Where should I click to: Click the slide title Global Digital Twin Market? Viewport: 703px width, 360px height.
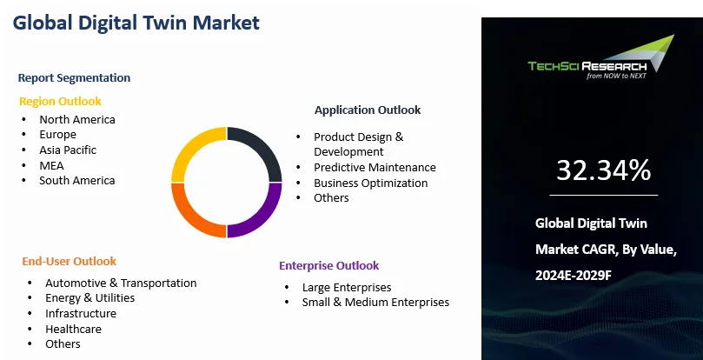click(136, 23)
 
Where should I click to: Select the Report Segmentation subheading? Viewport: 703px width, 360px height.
click(74, 77)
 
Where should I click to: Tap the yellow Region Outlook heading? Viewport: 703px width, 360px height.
click(60, 102)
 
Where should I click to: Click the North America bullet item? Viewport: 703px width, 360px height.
click(77, 119)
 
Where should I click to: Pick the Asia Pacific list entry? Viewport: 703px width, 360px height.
click(68, 150)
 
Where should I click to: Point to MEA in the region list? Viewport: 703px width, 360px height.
click(51, 165)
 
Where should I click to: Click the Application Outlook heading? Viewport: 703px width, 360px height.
click(368, 110)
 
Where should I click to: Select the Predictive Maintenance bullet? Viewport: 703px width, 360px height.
click(375, 168)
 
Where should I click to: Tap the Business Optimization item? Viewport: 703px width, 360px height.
click(371, 183)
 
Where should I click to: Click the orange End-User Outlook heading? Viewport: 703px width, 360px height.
click(69, 261)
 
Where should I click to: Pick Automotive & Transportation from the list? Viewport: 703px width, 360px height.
click(121, 283)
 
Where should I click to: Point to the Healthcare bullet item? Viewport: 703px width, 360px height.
click(74, 329)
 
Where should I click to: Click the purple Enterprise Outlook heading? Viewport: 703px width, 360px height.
click(329, 266)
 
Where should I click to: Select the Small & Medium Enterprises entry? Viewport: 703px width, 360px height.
click(375, 302)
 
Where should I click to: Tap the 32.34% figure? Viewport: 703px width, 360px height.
click(603, 170)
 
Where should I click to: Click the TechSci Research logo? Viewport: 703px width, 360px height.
click(601, 58)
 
